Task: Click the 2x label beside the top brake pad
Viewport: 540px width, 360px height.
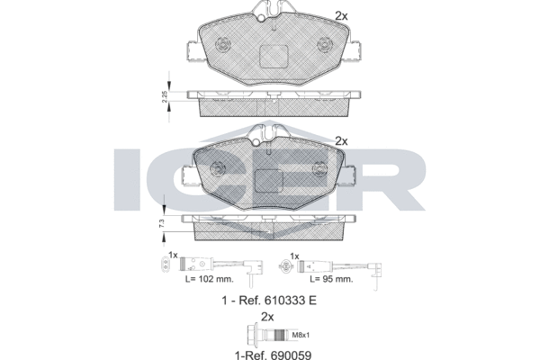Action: tap(340, 15)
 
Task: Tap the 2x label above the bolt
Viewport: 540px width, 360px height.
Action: tap(266, 316)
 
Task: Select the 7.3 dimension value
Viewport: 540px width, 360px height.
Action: tap(161, 223)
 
